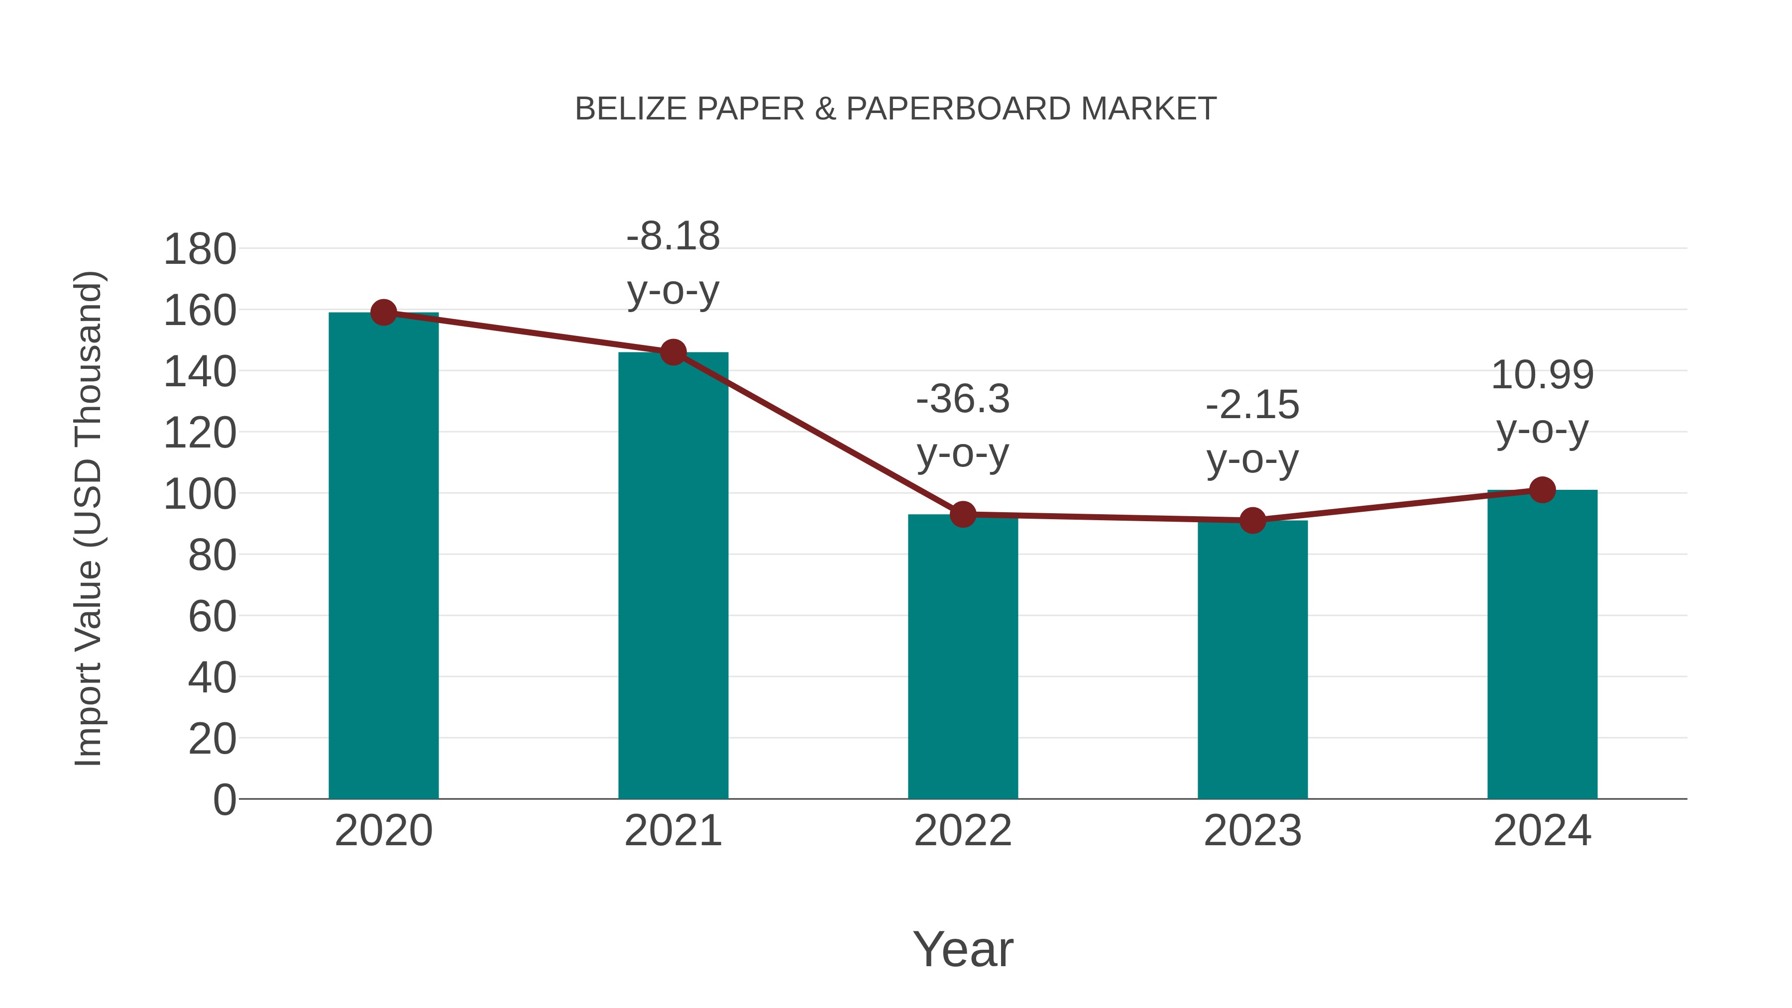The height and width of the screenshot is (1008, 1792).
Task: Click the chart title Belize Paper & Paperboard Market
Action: [896, 109]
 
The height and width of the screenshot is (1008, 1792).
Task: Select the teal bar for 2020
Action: [383, 557]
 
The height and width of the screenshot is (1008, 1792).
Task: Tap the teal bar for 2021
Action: [672, 577]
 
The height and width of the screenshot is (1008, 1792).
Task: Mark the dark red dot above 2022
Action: [963, 515]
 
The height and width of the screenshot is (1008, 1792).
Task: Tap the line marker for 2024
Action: [1542, 490]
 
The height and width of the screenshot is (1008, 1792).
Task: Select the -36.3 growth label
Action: [963, 399]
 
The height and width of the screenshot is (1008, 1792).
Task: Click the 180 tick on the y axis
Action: [200, 250]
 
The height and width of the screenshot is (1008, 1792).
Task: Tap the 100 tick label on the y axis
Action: [200, 495]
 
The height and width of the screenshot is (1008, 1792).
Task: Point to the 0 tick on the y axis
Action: [224, 800]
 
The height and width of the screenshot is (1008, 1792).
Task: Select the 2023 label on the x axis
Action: [1252, 831]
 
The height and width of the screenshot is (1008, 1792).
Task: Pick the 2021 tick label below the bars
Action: [672, 831]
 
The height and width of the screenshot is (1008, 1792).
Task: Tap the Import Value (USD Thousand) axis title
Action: [89, 518]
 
